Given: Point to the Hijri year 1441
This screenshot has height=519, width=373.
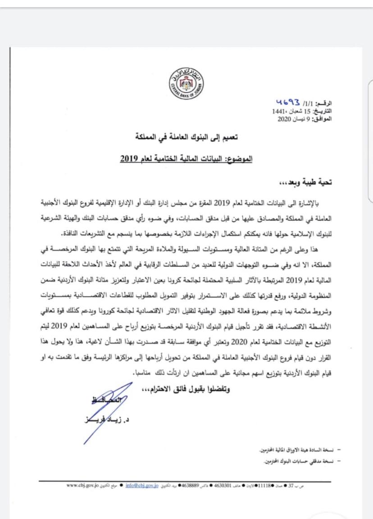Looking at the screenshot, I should tap(278, 111).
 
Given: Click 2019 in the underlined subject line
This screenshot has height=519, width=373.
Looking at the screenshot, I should tap(129, 159).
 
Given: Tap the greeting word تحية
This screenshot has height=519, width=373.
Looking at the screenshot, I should tap(336, 182).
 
